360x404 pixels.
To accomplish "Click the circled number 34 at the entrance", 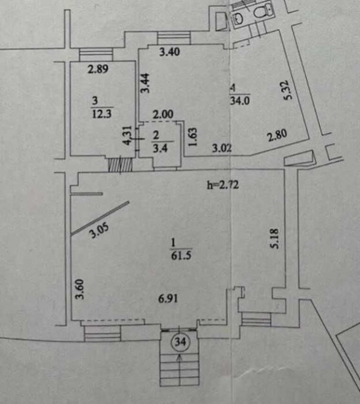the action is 180,342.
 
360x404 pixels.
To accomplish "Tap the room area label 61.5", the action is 181,256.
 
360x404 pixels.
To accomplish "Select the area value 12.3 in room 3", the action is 102,113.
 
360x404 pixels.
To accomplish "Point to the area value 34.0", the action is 239,100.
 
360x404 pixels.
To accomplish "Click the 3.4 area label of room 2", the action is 160,148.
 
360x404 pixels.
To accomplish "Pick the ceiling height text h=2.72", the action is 223,185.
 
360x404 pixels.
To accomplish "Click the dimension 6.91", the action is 168,298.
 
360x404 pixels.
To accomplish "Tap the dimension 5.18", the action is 274,239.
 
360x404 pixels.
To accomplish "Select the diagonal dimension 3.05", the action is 99,230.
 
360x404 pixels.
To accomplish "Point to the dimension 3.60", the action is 80,289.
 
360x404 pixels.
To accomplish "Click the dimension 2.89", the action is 98,69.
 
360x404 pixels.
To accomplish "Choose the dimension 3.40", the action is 169,52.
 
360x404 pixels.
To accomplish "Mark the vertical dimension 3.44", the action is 145,83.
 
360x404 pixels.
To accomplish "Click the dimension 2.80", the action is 277,136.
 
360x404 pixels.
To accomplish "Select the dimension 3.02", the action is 222,148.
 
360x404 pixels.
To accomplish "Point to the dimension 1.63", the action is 192,137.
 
